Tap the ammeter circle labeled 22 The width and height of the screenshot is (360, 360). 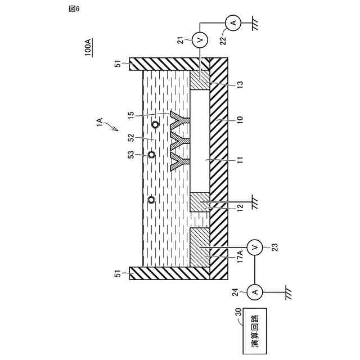[x=233, y=22]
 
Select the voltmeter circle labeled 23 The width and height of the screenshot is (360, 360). [x=255, y=246]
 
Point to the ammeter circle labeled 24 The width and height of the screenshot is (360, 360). [x=255, y=291]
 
